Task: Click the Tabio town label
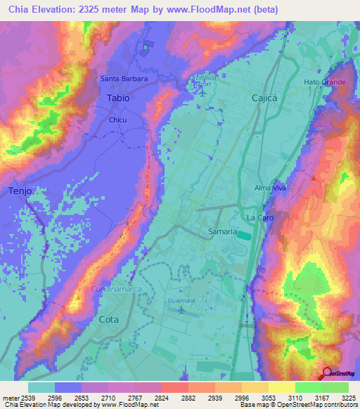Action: tap(118, 98)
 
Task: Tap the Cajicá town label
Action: tap(266, 99)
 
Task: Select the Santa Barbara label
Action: tap(124, 79)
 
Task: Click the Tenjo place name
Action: tap(21, 190)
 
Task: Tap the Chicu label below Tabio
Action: tap(117, 120)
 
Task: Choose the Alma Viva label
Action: tap(268, 189)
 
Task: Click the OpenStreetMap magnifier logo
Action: tap(327, 374)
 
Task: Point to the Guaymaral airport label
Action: tap(181, 300)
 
